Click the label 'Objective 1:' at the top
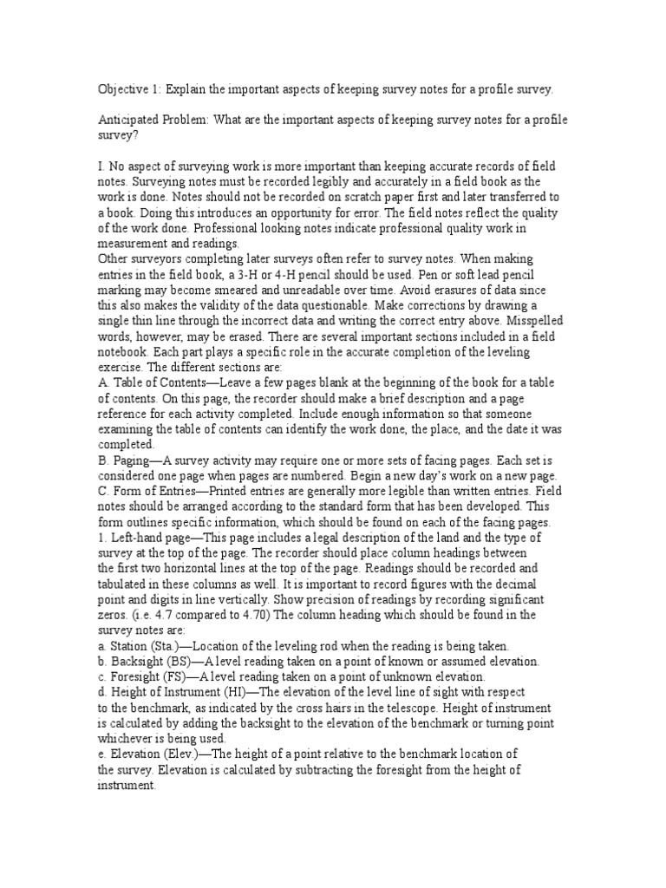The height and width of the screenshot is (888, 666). pos(127,89)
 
